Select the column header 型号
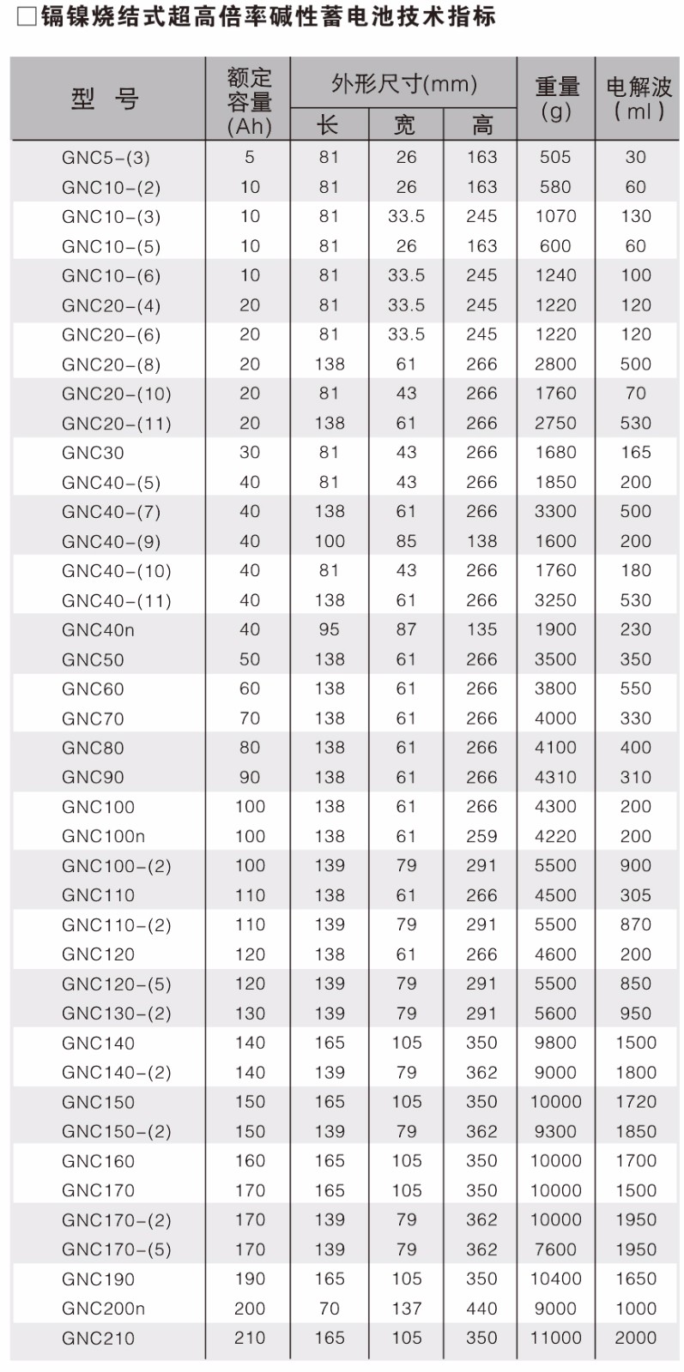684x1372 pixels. coord(105,99)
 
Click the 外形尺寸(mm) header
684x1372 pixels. coord(403,83)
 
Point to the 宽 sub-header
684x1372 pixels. coord(404,125)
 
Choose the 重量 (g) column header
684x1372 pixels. coord(557,98)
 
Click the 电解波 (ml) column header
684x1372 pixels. coord(639,98)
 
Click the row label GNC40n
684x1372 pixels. coord(98,630)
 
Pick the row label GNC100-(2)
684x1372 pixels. coord(117,866)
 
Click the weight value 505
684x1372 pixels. coord(555,157)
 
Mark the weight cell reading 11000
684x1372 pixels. coord(555,1338)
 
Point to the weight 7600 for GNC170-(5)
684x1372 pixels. coord(555,1249)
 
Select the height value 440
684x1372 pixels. coord(481,1309)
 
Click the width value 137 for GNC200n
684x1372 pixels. coord(406,1309)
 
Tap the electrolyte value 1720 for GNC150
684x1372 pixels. coord(635,1102)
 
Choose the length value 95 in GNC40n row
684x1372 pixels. coord(329,629)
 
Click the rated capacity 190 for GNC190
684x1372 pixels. coord(250,1279)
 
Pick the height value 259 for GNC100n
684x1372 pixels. coord(481,836)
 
